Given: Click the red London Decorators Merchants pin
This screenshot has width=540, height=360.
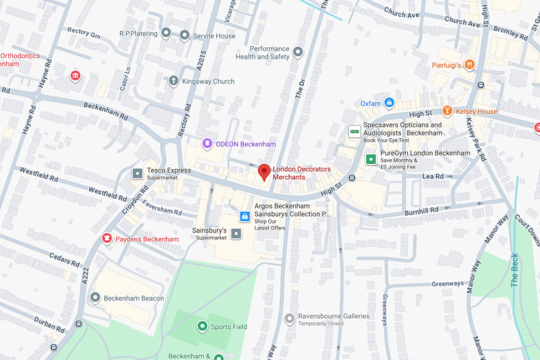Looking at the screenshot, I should click(x=264, y=172).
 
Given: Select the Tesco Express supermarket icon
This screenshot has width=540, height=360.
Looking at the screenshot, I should click(x=138, y=173).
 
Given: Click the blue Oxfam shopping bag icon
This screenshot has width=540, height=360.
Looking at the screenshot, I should click(x=389, y=103).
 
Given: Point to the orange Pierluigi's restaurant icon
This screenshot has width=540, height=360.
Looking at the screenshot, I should click(x=469, y=65).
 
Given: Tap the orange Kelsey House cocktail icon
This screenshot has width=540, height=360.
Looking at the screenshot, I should click(x=447, y=111).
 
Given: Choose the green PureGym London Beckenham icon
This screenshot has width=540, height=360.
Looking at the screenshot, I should click(x=371, y=159).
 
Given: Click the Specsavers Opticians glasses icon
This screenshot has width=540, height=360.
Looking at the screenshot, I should click(x=354, y=131).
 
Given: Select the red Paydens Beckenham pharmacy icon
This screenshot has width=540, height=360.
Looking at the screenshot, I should click(x=106, y=239).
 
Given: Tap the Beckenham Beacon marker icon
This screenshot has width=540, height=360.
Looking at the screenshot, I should click(x=96, y=297).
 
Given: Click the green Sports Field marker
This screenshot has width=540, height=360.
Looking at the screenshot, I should click(x=202, y=326).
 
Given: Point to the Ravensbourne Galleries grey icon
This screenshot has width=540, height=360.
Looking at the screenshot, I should click(x=289, y=320).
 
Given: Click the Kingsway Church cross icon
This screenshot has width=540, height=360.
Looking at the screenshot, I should click(x=173, y=81).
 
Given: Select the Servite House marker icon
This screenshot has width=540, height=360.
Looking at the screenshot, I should click(x=185, y=36).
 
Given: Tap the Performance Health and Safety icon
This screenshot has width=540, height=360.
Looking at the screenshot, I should click(x=298, y=52).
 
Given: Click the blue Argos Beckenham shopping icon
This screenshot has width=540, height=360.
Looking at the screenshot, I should click(x=245, y=216).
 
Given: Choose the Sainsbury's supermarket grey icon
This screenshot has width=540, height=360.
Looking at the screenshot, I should click(x=236, y=234).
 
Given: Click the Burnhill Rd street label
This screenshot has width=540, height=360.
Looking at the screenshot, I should click(x=423, y=210).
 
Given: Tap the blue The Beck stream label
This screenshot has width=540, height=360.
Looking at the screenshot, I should click(x=515, y=269).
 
